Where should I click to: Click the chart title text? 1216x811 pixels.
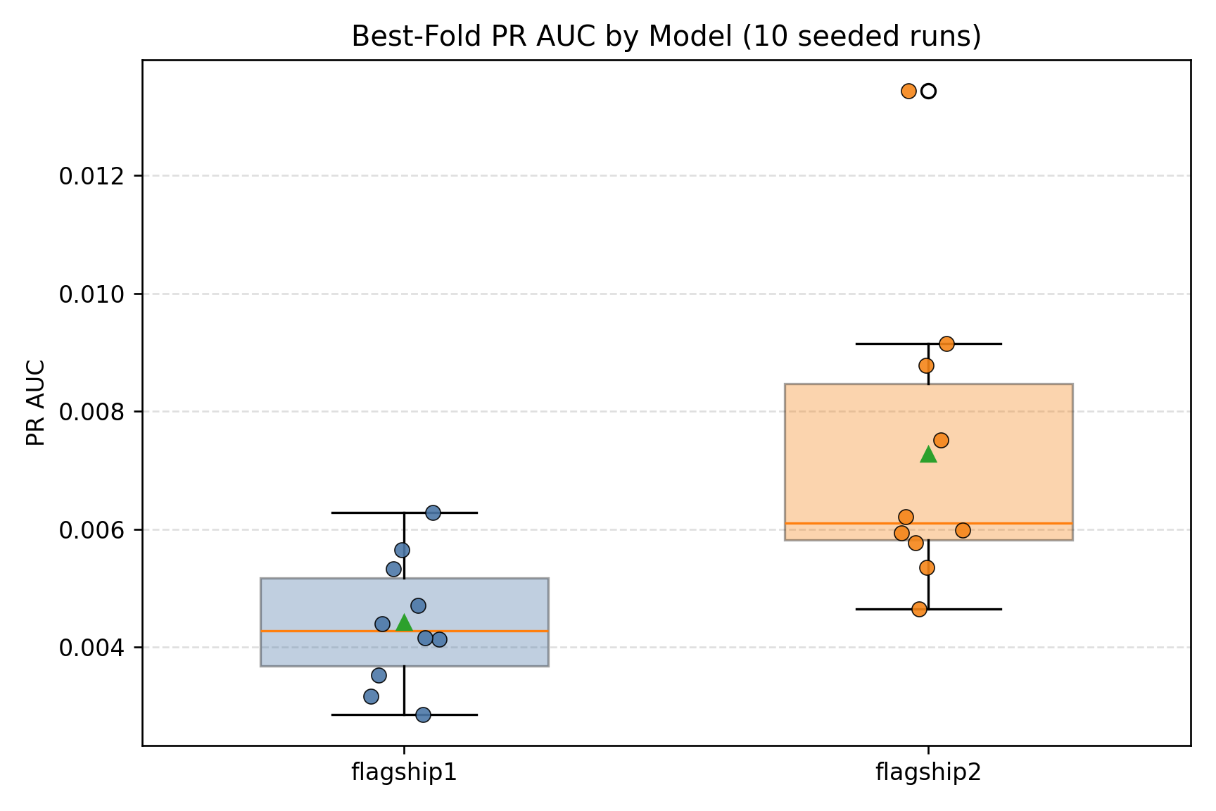666,37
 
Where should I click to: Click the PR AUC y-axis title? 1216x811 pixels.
36,403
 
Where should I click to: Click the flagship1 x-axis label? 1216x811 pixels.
404,773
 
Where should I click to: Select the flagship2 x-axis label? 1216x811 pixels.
928,773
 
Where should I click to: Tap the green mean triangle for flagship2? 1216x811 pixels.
928,455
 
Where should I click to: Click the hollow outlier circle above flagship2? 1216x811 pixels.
928,91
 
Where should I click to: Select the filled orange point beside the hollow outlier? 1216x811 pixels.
908,91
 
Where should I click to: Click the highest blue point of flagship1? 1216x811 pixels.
433,513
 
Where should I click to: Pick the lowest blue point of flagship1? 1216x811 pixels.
423,715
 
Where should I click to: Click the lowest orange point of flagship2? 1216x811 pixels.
919,609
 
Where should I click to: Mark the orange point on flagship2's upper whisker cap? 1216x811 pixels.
946,344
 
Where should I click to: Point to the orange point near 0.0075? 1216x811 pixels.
941,440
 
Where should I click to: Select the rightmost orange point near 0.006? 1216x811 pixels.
963,530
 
